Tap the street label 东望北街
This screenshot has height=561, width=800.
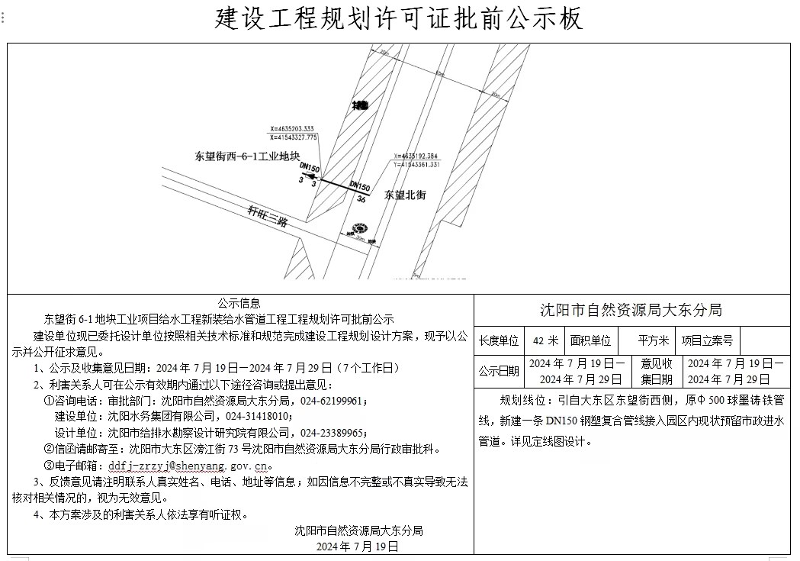(405, 195)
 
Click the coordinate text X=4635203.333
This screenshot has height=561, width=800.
(292, 129)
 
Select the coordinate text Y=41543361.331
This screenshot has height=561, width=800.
(415, 164)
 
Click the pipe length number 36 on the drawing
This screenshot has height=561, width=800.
(361, 198)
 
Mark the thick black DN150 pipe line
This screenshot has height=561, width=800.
(345, 188)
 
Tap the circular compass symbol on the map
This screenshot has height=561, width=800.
(358, 227)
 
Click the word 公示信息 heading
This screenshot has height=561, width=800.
(239, 303)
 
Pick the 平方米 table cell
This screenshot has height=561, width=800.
(654, 340)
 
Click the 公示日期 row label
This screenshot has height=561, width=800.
(499, 372)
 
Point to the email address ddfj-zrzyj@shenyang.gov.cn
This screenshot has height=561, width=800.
(188, 465)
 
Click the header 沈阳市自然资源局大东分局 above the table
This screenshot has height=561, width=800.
(631, 310)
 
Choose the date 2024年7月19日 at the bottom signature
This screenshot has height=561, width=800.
(358, 546)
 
